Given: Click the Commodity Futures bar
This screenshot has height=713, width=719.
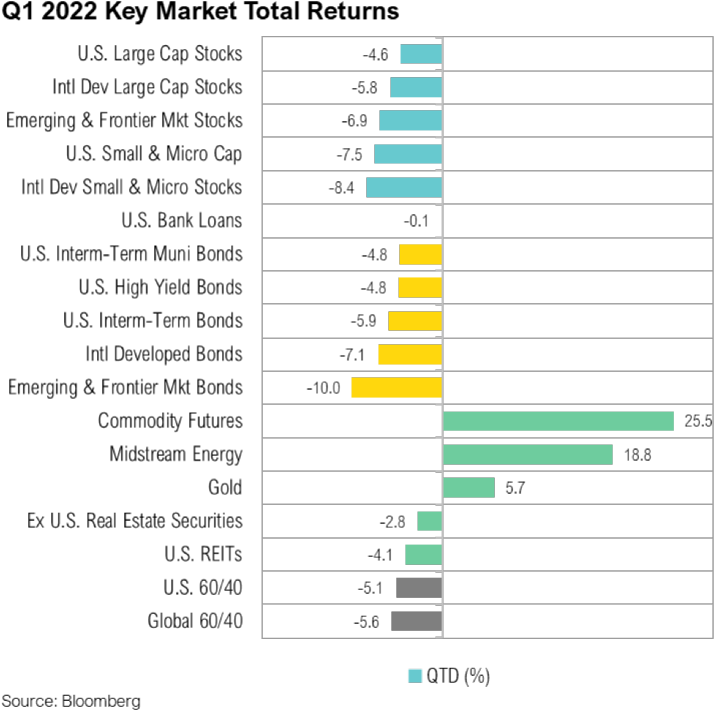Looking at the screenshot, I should pos(558,421).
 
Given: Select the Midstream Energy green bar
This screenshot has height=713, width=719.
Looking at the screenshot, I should pos(527,455).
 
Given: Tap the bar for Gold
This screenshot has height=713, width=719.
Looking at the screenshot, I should pos(469,488).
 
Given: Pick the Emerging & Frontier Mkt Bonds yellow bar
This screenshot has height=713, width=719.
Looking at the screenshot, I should pos(396,388).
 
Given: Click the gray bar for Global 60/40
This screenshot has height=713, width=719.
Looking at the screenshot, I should pos(416,621).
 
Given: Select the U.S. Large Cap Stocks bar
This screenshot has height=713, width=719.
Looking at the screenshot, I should pos(421,54).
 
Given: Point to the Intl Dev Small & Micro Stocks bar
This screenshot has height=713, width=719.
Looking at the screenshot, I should pos(404,187).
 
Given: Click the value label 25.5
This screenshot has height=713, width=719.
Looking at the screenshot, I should pos(698,421).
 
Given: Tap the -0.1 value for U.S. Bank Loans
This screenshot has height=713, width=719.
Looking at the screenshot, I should pos(416,221).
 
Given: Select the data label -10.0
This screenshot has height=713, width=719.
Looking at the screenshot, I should pos(323,388).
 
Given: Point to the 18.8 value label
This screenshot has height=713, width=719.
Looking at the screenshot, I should pos(637,455).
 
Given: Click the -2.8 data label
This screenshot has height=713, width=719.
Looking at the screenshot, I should pos(392,522).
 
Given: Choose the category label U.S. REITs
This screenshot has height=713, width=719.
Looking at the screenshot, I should pos(203,554).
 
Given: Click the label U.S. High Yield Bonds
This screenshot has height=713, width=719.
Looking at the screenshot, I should pos(160,287).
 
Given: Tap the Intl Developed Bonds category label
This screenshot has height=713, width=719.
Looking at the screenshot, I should pos(164,354).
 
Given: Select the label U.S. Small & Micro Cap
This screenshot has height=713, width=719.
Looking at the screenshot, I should pos(154,154).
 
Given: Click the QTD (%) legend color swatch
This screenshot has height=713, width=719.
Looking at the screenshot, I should pos(415,676).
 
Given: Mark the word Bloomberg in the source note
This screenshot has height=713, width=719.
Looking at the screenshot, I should pos(101,701).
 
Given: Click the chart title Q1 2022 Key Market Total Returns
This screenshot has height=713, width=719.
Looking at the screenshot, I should pos(200,12).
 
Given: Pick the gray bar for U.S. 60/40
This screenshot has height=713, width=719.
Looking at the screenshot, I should pos(418,588).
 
